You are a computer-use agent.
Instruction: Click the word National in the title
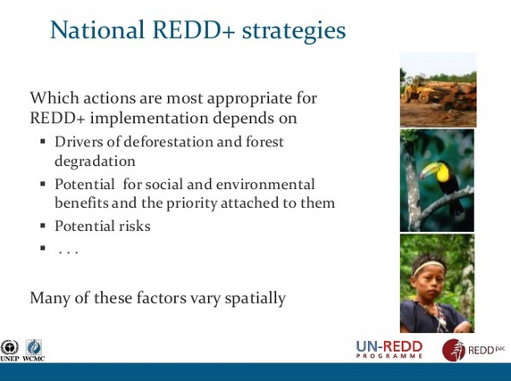pos(97,29)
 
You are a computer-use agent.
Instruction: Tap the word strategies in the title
pos(294,31)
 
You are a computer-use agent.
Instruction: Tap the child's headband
pos(428,268)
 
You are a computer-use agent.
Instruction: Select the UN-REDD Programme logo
pos(390,349)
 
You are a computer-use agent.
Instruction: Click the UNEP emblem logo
pos(10,350)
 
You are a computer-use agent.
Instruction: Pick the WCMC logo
pos(34,350)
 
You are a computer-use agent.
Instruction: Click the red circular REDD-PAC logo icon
pos(453,350)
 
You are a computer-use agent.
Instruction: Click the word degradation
pos(95,162)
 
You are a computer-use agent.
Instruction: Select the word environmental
pos(265,184)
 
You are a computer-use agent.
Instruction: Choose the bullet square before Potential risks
pos(43,225)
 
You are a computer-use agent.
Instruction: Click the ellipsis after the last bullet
pos(68,252)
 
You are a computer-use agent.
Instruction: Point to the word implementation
pos(149,118)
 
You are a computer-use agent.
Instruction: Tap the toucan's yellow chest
pos(443,173)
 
